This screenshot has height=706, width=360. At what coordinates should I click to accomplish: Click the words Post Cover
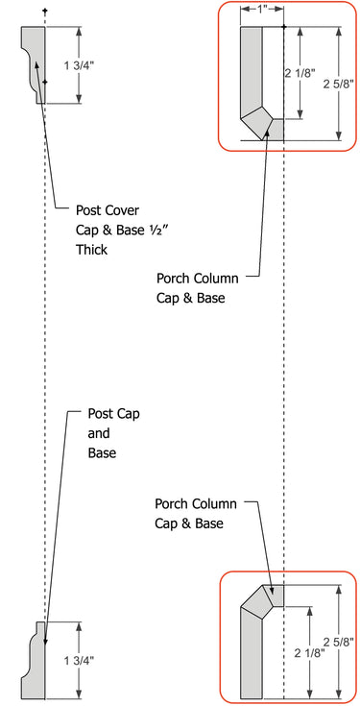coord(107,209)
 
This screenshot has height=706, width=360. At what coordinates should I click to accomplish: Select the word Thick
coord(93,251)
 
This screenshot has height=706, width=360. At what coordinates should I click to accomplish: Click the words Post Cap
coord(113,414)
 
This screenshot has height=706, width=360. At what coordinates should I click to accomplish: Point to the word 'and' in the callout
coord(99,433)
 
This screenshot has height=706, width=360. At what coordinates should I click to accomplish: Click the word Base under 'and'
coord(103,452)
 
